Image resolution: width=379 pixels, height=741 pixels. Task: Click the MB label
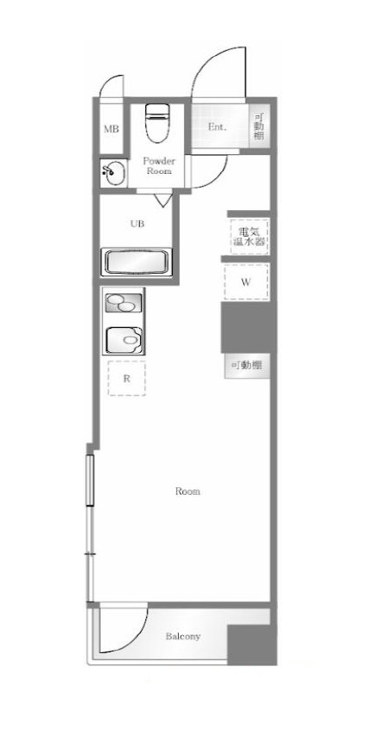(x=111, y=129)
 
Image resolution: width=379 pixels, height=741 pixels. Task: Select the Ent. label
(x=217, y=127)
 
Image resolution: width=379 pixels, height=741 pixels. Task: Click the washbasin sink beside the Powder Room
(x=112, y=173)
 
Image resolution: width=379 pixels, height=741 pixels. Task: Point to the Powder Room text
(x=159, y=165)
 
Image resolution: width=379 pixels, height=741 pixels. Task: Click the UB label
(x=138, y=224)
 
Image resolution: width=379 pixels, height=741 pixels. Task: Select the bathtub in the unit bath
(x=138, y=262)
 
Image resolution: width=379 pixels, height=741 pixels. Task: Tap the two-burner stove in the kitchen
(x=124, y=302)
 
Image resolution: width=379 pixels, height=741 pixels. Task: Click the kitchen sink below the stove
(x=124, y=339)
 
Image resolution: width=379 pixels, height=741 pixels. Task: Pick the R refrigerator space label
(x=126, y=378)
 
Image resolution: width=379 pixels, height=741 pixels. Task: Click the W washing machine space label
(x=246, y=282)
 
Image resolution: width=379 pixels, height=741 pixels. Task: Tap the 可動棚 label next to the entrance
(x=260, y=127)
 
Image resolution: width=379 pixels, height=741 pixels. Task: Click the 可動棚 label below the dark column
(x=247, y=366)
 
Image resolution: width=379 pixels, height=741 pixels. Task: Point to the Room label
(x=187, y=491)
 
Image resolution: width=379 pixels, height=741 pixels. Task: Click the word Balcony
(x=182, y=637)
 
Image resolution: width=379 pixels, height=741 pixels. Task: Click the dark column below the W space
(x=248, y=327)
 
